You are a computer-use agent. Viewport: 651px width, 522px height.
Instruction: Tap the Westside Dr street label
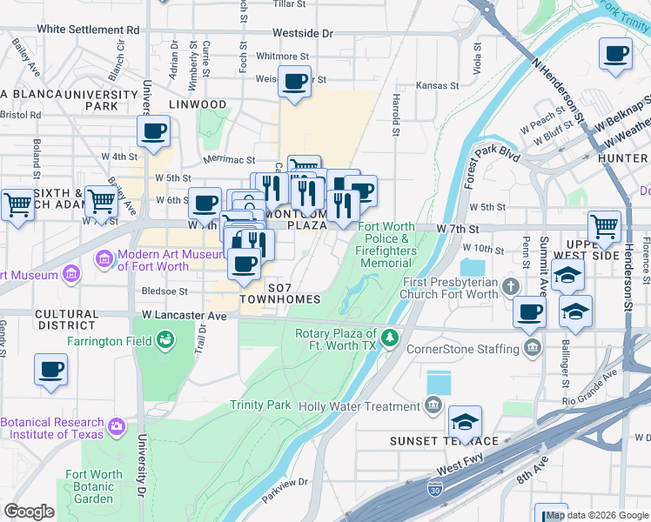point(302,33)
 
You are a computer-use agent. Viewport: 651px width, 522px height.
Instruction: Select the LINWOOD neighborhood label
point(198,104)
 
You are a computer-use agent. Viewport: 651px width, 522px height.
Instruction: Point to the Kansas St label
point(437,85)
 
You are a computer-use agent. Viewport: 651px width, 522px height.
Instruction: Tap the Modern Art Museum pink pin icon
point(104,258)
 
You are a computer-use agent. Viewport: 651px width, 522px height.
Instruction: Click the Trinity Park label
point(260,405)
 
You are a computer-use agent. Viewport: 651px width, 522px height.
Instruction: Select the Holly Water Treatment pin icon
point(433,405)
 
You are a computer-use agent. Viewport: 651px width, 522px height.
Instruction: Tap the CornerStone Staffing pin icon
point(532,349)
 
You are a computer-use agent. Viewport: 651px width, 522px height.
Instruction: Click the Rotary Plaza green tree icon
point(391,336)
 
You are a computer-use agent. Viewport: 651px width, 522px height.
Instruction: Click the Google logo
point(29,511)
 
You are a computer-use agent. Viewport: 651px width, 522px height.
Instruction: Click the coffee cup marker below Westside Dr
point(294,83)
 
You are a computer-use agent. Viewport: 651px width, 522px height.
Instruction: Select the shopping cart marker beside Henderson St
point(604,226)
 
